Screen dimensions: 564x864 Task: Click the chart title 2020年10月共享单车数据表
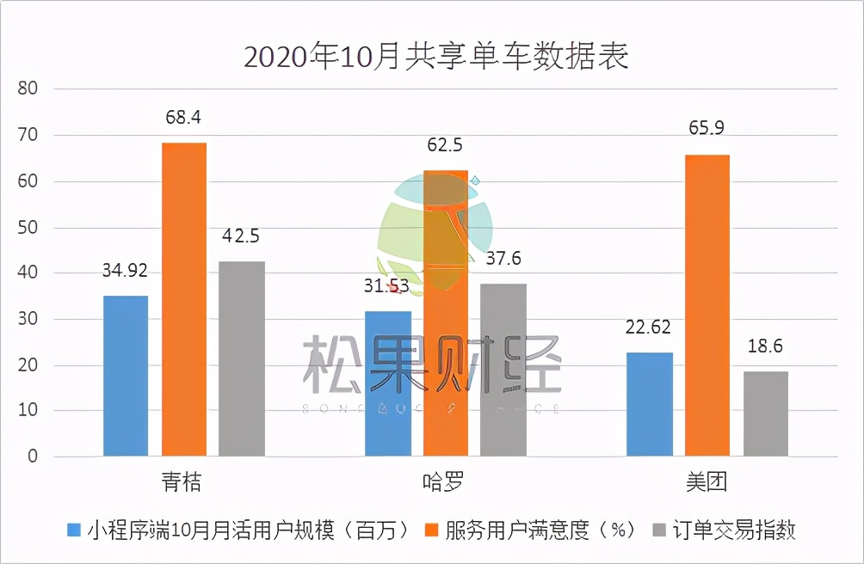point(436,57)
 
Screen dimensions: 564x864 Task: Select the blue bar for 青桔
point(126,376)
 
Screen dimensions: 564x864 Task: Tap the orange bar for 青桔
point(184,299)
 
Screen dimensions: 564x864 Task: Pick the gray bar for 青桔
point(242,359)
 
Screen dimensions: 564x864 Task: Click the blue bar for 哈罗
point(387,383)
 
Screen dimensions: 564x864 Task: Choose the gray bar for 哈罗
point(503,370)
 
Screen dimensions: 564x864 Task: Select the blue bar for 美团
point(650,404)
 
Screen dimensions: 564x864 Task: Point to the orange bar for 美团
point(707,305)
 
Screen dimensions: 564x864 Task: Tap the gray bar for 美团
point(766,414)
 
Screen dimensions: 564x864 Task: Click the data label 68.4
point(183,118)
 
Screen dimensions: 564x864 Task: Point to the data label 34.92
point(126,271)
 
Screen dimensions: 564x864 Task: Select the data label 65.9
point(707,129)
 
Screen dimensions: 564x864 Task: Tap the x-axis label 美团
point(707,481)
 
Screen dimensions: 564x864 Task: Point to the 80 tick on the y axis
point(29,89)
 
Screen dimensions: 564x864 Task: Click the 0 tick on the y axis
point(34,457)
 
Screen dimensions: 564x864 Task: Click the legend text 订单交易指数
point(734,530)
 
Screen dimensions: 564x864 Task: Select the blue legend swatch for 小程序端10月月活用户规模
point(74,530)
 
